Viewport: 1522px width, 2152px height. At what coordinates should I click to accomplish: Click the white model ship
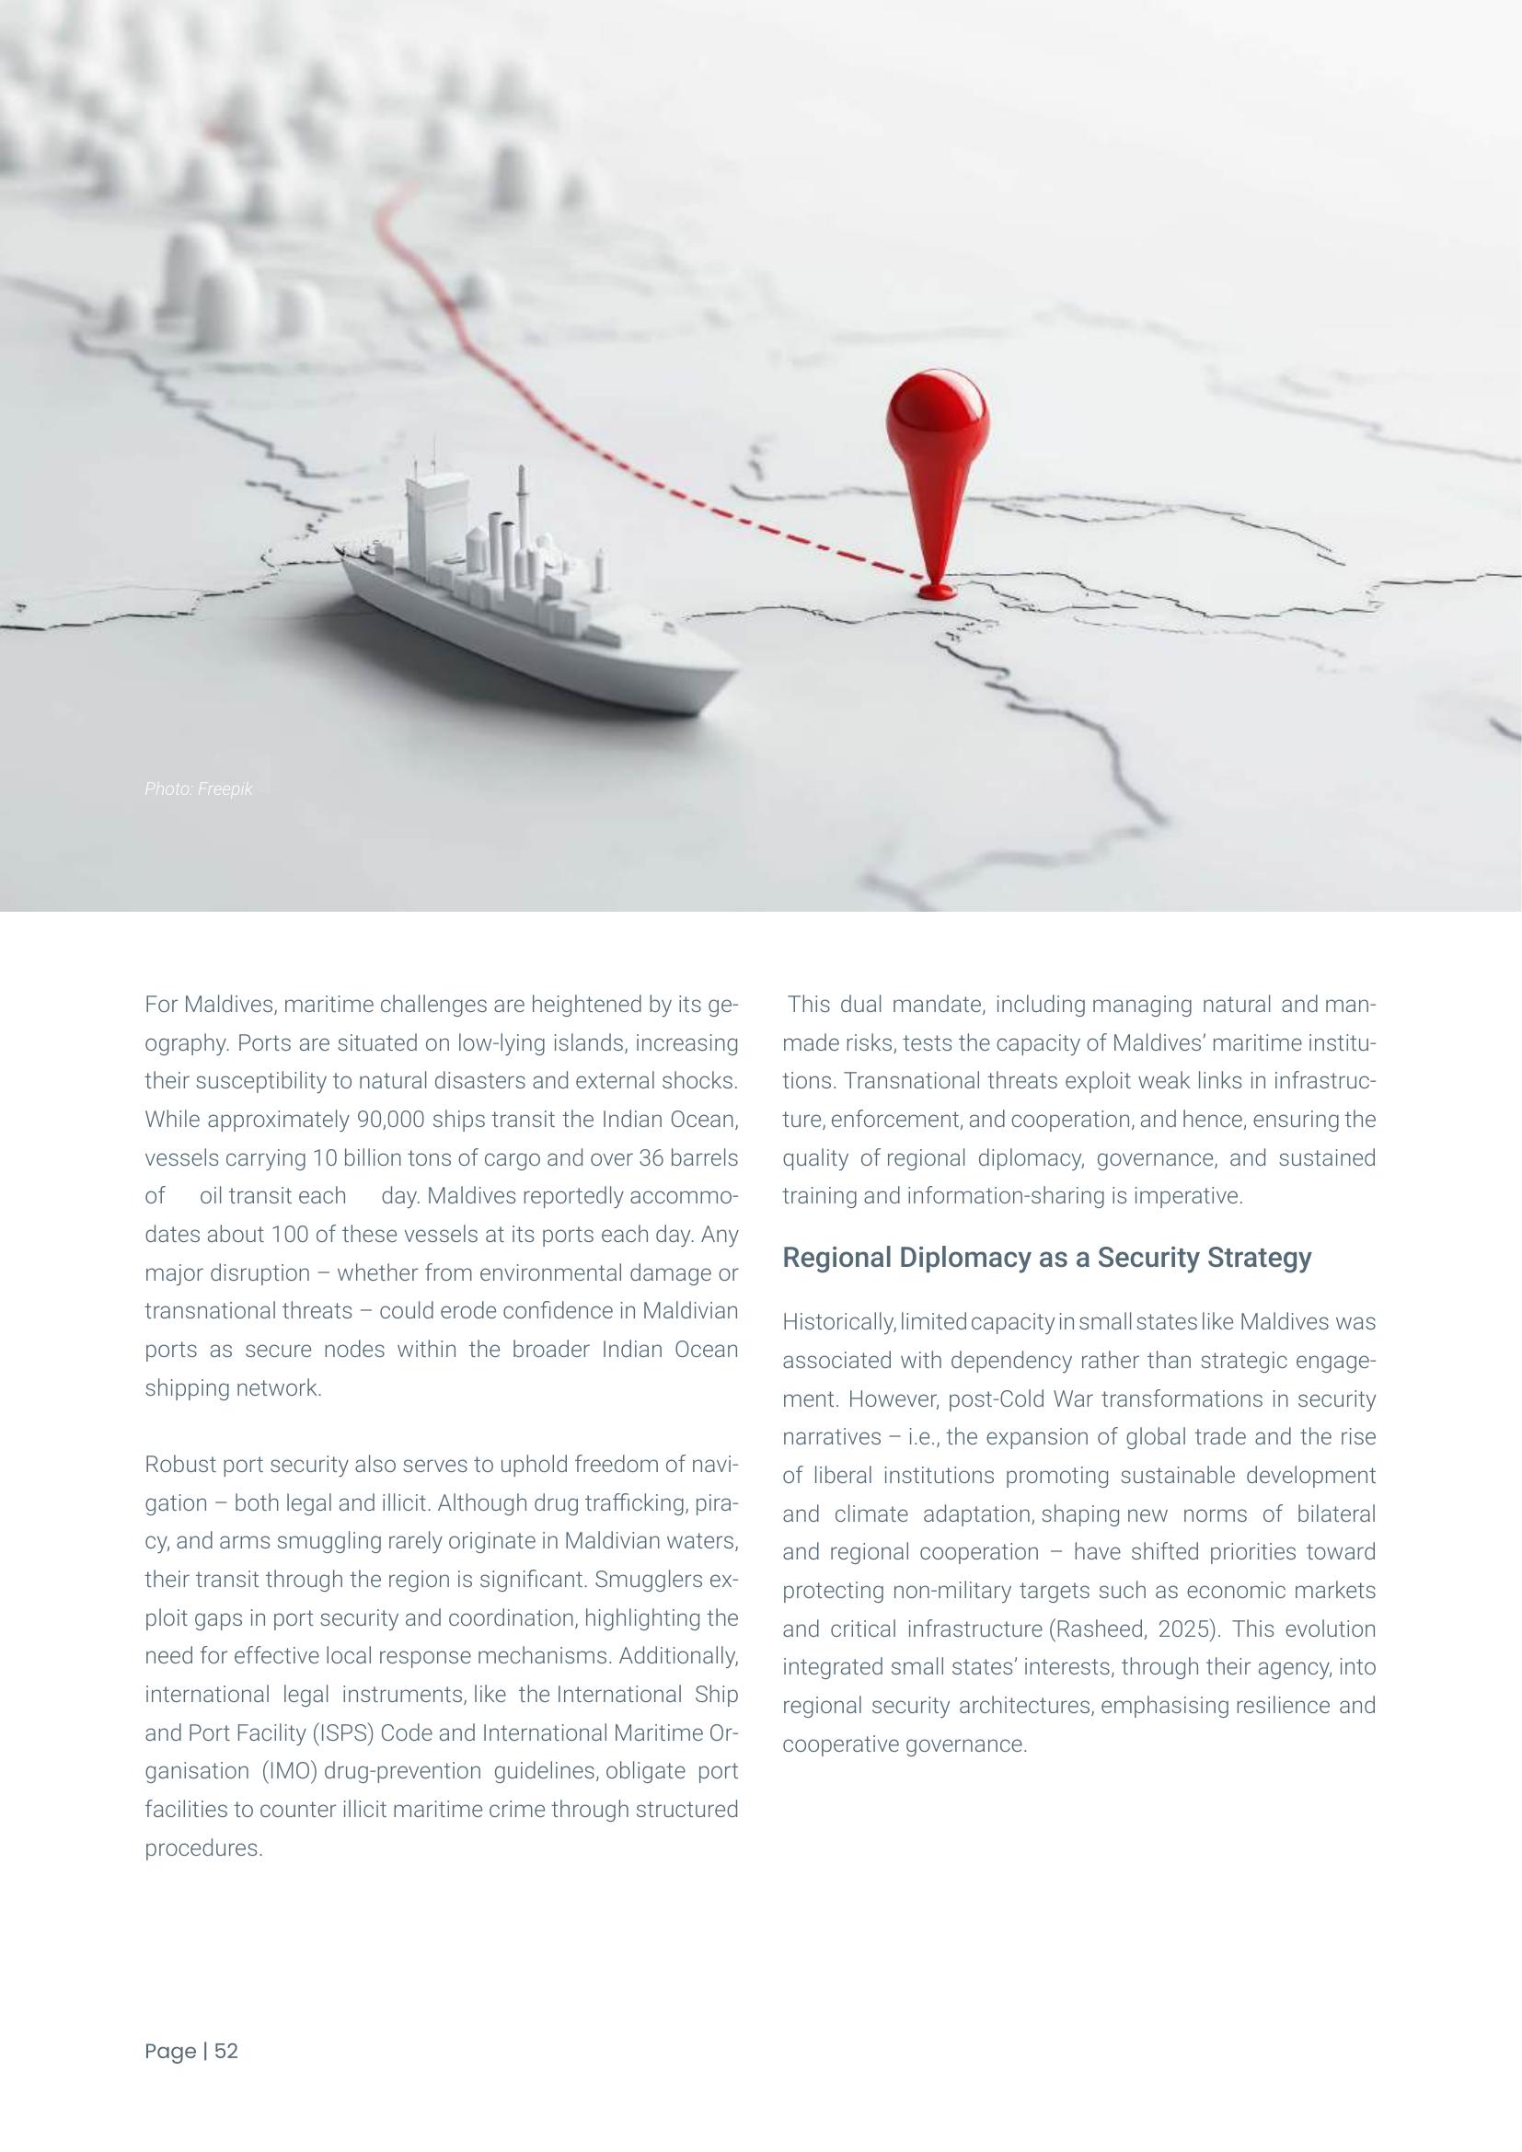535,600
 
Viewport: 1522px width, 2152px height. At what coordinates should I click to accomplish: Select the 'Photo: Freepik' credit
199,789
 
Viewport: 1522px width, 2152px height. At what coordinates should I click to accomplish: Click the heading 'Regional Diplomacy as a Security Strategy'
1046,1258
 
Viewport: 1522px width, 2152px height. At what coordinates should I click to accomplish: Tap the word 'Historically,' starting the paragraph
839,1322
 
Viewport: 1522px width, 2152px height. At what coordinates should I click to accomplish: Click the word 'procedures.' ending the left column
203,1848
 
